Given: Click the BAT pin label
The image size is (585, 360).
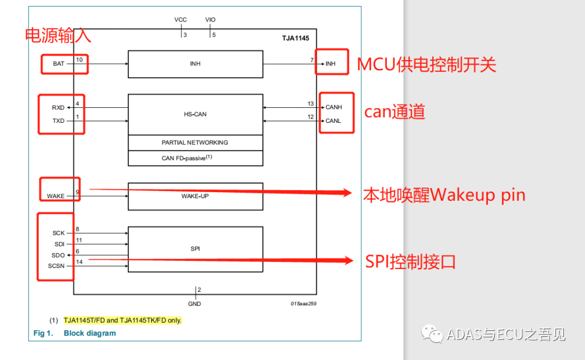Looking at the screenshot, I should coord(58,64).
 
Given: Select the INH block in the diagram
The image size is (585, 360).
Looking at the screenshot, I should coord(195,64).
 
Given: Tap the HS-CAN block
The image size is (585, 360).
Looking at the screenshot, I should coord(195,114).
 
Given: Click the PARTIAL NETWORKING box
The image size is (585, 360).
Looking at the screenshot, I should coord(195,142).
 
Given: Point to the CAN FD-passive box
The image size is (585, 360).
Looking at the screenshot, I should coord(195,158).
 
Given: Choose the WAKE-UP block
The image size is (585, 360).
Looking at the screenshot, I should coord(195,196).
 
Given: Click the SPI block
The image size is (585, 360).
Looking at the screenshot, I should coord(195,249).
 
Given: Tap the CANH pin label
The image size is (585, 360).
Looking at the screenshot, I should coord(334,107).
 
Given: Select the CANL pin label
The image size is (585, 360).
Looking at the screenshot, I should coord(334,121).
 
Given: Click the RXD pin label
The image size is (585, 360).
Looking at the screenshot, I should coord(58,108).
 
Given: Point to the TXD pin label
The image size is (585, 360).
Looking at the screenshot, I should coord(58,121).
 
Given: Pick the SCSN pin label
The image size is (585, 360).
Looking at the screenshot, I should coord(56,266).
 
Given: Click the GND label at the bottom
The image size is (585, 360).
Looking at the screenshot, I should coord(194,304).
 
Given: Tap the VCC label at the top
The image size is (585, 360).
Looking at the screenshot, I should coord(180,20).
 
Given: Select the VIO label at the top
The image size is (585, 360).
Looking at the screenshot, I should coord(210,20).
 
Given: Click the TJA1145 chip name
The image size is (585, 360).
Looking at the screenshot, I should coord(295,38).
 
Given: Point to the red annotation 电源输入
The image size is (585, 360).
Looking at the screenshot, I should coord(58,36).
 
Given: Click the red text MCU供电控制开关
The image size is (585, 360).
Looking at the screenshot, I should coord(426,65).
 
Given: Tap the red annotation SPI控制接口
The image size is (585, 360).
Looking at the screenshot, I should coord(410,262).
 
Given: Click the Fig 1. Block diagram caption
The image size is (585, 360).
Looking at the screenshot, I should coord(75,333).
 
